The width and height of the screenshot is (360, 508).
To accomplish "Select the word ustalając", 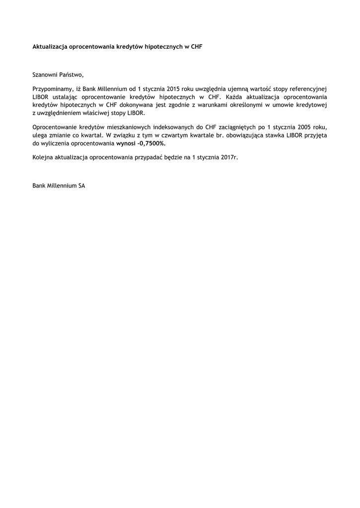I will pos(67,97).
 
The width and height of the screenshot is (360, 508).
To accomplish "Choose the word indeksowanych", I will pos(179,127).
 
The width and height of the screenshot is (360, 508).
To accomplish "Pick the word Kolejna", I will pos(43,157).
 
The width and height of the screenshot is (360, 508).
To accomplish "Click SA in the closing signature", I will pos(81,186).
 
